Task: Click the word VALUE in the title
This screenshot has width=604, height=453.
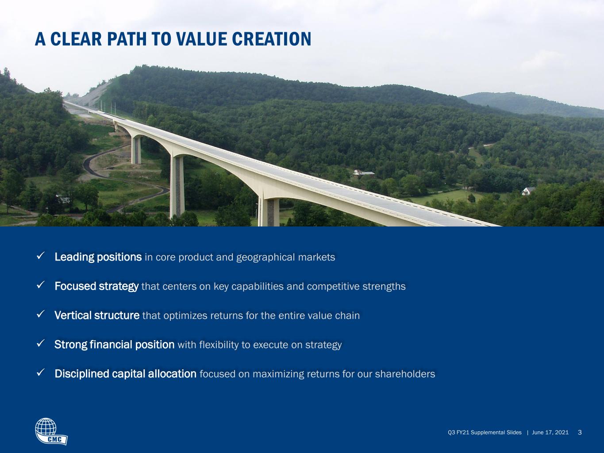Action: tap(202, 39)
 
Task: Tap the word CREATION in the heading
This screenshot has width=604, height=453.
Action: tap(272, 39)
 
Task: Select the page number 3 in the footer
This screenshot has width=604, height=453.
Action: tap(580, 432)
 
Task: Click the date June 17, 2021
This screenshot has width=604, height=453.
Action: tap(550, 432)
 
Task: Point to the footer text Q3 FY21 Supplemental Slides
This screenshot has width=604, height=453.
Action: tap(485, 432)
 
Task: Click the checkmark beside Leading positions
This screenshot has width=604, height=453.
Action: tap(40, 256)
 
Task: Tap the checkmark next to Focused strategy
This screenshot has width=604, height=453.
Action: tap(40, 285)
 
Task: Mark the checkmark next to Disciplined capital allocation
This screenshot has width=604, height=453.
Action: tap(40, 372)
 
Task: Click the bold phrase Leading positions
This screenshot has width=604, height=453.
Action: tap(98, 257)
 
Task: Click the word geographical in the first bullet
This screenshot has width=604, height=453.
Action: tap(265, 257)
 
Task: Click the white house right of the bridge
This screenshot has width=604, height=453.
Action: tap(528, 191)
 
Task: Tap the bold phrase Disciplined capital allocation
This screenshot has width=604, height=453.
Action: tap(126, 374)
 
